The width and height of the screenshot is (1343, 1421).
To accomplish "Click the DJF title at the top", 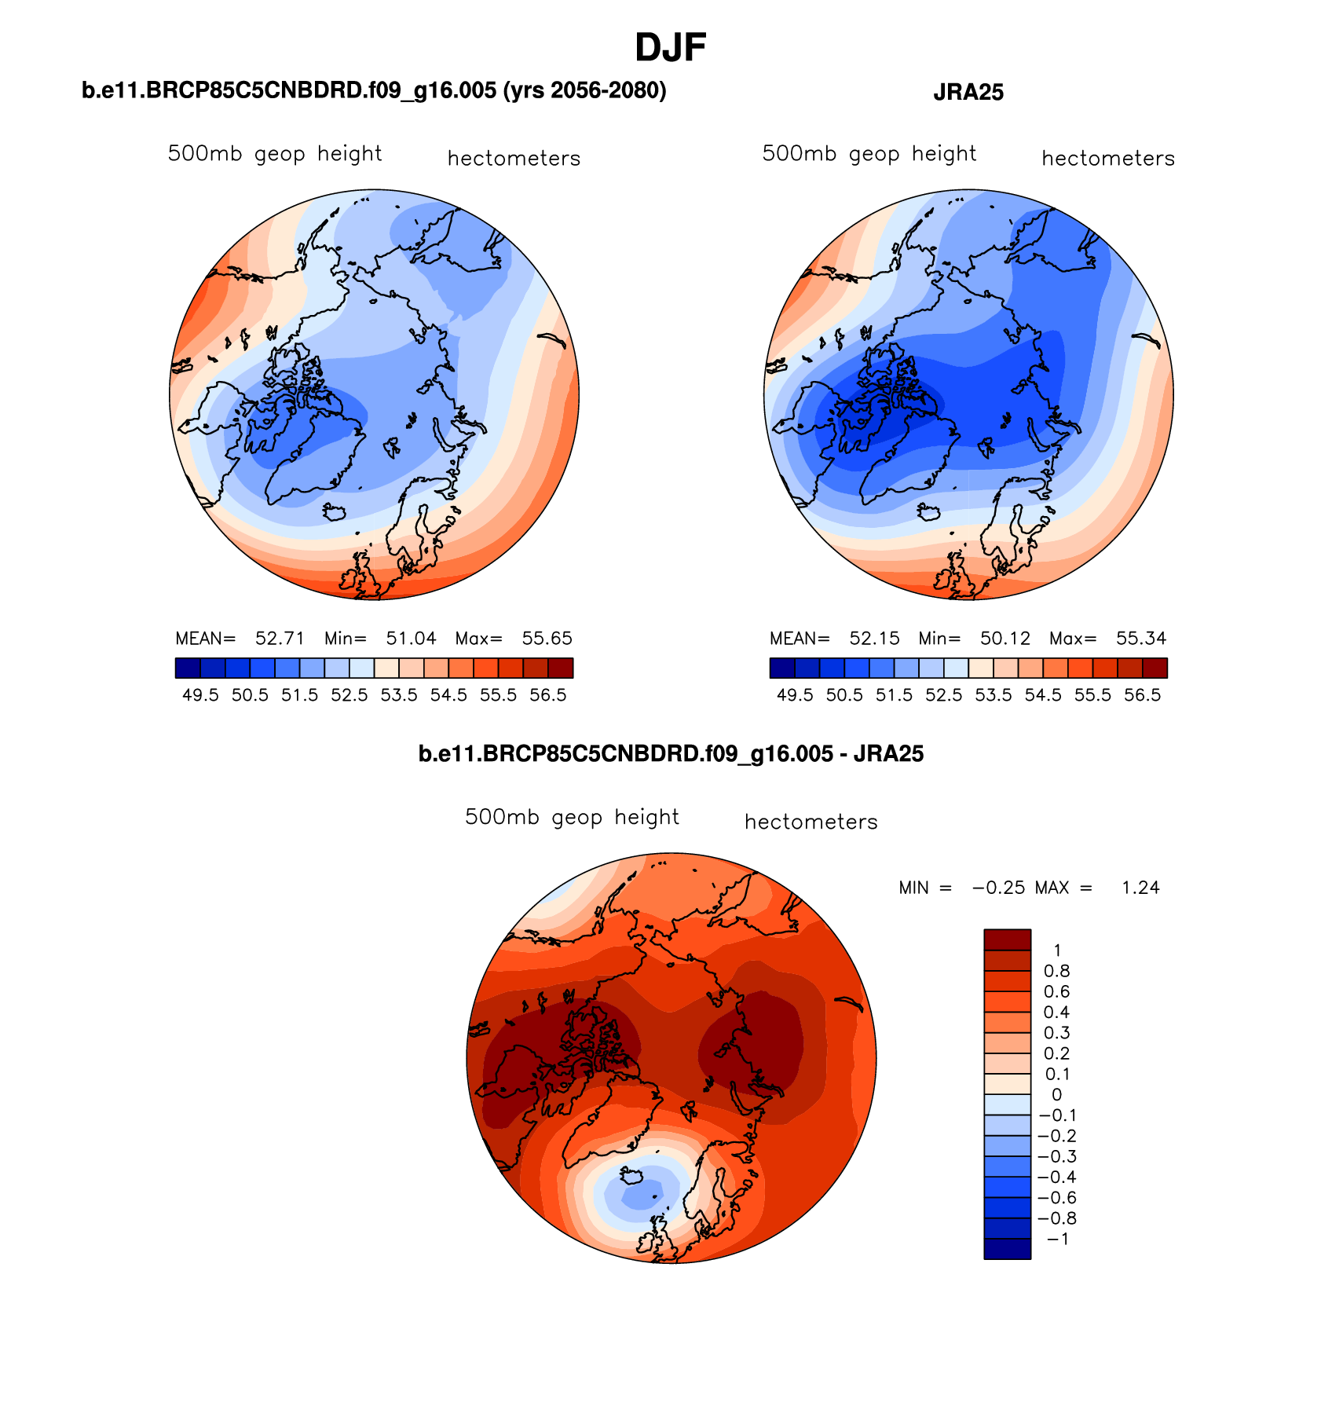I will pos(670,49).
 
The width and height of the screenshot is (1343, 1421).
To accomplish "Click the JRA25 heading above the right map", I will pos(968,93).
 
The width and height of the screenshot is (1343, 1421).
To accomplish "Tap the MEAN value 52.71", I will pos(280,638).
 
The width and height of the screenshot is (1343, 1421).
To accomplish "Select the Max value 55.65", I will pos(547,638).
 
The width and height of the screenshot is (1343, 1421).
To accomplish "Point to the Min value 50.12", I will pos(1005,638).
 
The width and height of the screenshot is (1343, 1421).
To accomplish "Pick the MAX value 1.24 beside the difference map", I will pos(1140,888).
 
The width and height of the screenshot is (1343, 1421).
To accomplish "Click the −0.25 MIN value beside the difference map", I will pos(998,888).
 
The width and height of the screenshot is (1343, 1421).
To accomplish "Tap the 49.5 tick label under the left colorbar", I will pos(200,695).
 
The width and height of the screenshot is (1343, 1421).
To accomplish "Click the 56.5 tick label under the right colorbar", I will pos(1142,695).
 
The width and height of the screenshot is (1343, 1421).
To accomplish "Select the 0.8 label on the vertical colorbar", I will pos(1056,971).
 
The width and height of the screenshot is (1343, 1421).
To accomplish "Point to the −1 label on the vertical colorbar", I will pos(1057,1239).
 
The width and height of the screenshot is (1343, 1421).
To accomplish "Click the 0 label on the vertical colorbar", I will pos(1056,1094).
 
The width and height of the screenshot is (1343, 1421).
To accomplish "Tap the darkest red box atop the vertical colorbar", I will pos(1007,939).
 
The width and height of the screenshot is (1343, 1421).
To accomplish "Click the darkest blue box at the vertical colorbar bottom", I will pos(1007,1249).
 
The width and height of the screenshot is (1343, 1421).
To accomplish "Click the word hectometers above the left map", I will pos(514,159).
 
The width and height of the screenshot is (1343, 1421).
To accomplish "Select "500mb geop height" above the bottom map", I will pos(572,817).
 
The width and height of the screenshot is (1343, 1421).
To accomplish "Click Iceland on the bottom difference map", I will pos(632,1176).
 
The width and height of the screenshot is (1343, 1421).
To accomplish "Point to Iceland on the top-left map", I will pos(335,512).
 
